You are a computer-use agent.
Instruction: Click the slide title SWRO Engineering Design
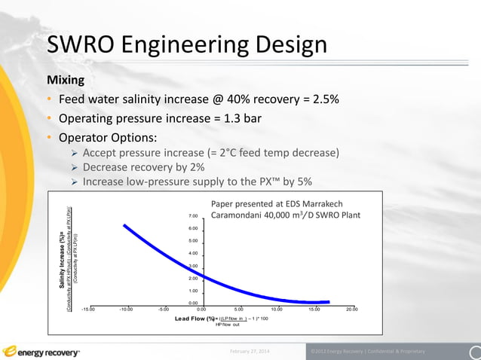pyautogui.click(x=186, y=45)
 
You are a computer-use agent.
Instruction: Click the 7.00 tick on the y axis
pyautogui.click(x=193, y=216)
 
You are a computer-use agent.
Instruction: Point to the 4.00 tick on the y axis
pyautogui.click(x=193, y=253)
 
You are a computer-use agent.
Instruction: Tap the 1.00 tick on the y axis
pyautogui.click(x=193, y=291)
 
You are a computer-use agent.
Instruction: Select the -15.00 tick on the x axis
pyautogui.click(x=88, y=309)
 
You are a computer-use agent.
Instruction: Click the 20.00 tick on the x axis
pyautogui.click(x=352, y=309)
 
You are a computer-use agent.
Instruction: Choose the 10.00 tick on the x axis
pyautogui.click(x=277, y=309)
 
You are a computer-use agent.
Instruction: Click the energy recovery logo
pyautogui.click(x=41, y=351)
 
